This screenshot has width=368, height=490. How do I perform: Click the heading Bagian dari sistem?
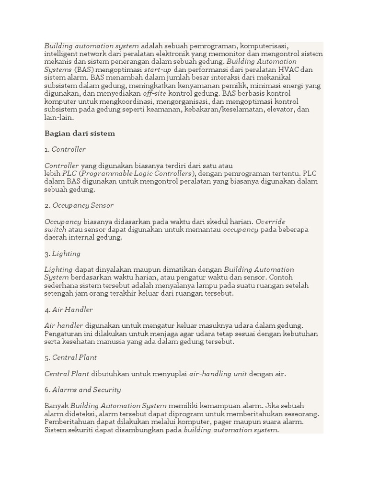(x=80, y=134)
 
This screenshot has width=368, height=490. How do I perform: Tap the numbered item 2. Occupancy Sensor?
(x=79, y=205)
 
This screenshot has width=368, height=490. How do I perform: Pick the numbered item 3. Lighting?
(x=62, y=254)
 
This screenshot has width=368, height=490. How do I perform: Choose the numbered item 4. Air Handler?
(x=69, y=310)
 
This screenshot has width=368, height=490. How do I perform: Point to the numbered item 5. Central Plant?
(x=70, y=357)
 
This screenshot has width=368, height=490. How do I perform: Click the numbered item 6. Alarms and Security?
(x=82, y=390)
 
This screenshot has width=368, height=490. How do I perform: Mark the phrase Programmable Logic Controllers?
(x=138, y=174)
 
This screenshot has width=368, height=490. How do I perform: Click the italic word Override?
(x=270, y=222)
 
